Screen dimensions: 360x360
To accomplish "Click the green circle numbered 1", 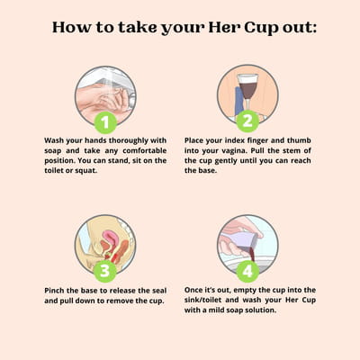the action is tap(105, 122).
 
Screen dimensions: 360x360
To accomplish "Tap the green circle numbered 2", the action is tap(247, 121).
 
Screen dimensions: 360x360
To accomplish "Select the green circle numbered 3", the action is tap(104, 271).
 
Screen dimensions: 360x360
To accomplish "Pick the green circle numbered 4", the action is tap(247, 271).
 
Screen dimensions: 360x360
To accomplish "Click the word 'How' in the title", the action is tap(72, 27).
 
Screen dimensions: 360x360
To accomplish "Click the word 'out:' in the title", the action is tap(299, 28).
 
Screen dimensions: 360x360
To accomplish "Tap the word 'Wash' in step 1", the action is tap(54, 140).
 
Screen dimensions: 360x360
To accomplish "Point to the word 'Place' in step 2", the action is tap(193, 140).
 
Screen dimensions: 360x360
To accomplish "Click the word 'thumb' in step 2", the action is tap(299, 140).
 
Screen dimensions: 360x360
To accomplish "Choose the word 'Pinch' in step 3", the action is tap(54, 291).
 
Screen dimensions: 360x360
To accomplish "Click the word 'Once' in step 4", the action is tap(193, 290).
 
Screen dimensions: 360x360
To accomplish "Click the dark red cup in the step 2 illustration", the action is tap(248, 86).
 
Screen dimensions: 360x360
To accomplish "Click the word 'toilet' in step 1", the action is tap(54, 170).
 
